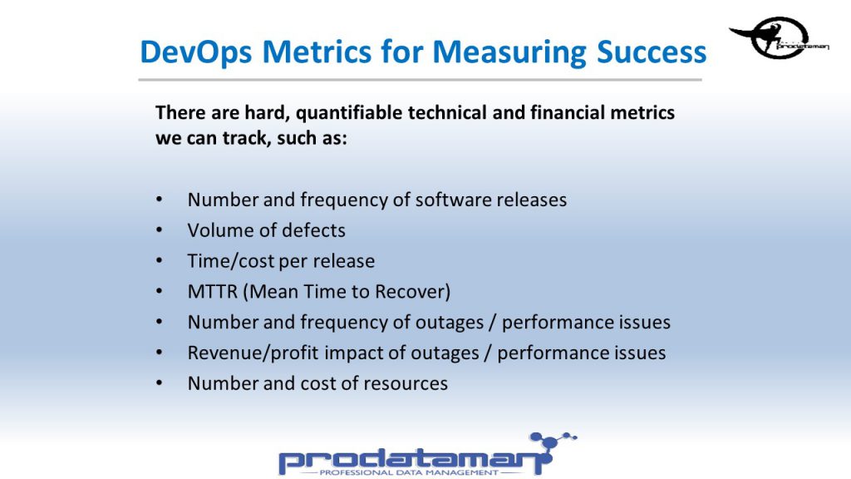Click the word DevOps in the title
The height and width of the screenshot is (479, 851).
pos(196,52)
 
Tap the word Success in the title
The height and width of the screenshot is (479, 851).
pos(652,52)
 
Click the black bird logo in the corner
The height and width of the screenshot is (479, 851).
pos(780,37)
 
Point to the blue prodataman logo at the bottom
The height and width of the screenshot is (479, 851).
pos(428,455)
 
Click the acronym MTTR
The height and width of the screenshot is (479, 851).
pos(213,292)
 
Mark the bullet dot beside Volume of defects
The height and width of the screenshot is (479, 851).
pos(159,230)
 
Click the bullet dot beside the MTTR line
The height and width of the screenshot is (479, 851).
pos(159,292)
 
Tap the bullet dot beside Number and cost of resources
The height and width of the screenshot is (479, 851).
pos(159,383)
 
